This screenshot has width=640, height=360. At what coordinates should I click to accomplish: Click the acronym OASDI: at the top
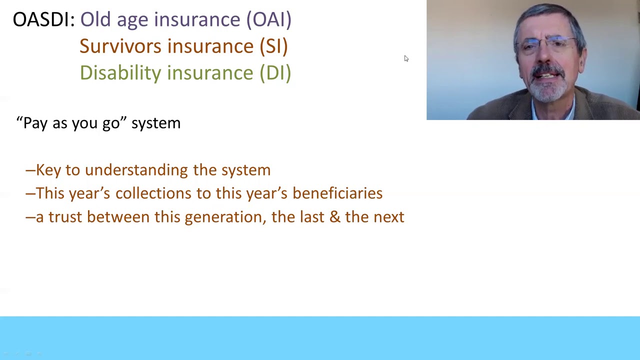pyautogui.click(x=43, y=19)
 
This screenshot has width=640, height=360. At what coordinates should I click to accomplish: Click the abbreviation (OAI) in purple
pyautogui.click(x=268, y=19)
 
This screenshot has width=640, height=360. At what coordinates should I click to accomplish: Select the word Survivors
pyautogui.click(x=120, y=46)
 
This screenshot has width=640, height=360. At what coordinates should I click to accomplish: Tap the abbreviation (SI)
pyautogui.click(x=273, y=46)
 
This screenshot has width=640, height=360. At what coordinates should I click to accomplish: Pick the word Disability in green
pyautogui.click(x=120, y=73)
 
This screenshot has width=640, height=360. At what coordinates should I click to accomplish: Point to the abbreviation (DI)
pyautogui.click(x=275, y=73)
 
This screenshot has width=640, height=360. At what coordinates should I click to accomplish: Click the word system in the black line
pyautogui.click(x=155, y=123)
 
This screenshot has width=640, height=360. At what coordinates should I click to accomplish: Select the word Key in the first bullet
pyautogui.click(x=48, y=170)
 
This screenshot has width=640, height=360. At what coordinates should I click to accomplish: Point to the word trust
pyautogui.click(x=65, y=217)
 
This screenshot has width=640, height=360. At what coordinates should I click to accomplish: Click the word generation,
pyautogui.click(x=225, y=217)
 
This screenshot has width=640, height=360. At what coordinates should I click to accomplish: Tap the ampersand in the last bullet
pyautogui.click(x=334, y=217)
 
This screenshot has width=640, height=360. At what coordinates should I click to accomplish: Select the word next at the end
pyautogui.click(x=388, y=217)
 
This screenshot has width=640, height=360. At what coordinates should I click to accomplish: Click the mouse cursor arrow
pyautogui.click(x=406, y=58)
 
